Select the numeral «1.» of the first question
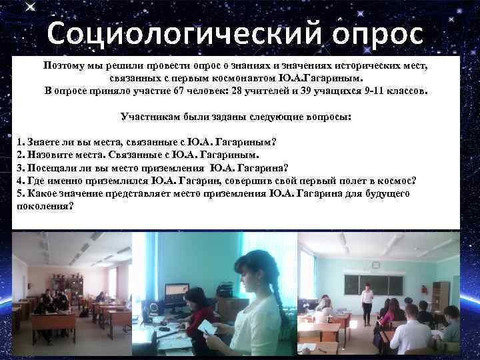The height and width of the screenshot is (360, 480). coord(21,143)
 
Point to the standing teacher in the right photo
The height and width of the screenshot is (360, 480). coord(366,303)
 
